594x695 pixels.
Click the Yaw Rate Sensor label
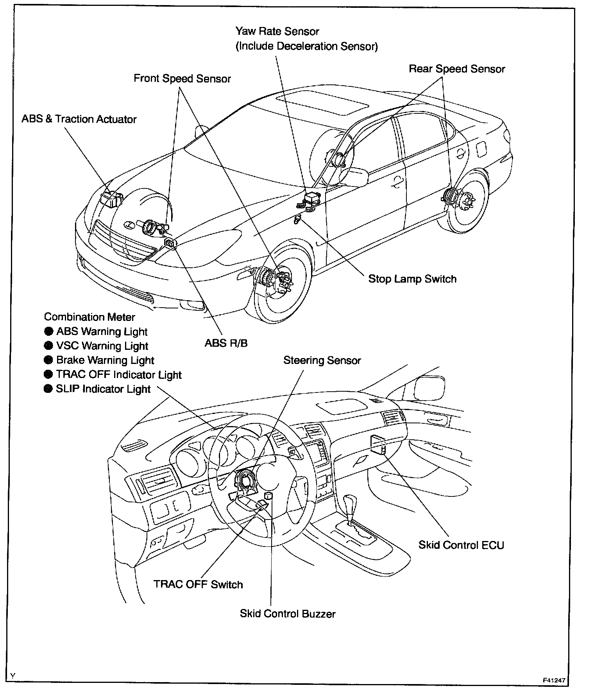coord(277,31)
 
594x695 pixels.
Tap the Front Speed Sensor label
coord(182,79)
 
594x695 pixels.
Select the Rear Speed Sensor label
coord(457,69)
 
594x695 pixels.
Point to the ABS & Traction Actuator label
coord(79,119)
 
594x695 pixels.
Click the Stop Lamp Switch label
coord(412,279)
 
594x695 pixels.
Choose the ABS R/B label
coord(226,343)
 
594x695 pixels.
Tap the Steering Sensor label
coord(322,360)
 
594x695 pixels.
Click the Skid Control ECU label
coord(461,545)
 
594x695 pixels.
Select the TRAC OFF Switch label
coord(198,584)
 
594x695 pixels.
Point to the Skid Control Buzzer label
coord(288,614)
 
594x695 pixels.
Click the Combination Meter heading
coord(89,317)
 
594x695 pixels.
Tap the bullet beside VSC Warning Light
coord(48,346)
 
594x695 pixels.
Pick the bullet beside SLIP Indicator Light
coord(48,389)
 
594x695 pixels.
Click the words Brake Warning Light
coord(105,360)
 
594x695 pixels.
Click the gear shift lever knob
coord(351,502)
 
